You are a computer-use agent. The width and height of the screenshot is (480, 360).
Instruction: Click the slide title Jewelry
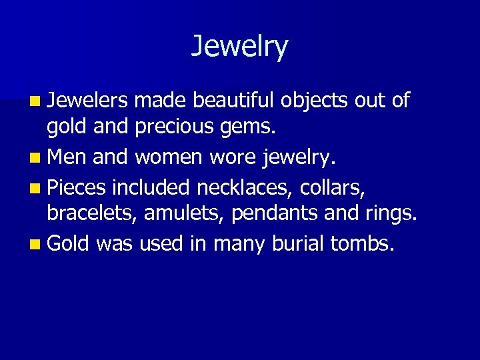point(239,47)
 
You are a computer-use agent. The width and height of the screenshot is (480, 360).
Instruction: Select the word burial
point(298,243)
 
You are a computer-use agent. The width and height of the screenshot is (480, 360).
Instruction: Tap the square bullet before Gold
point(35,245)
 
